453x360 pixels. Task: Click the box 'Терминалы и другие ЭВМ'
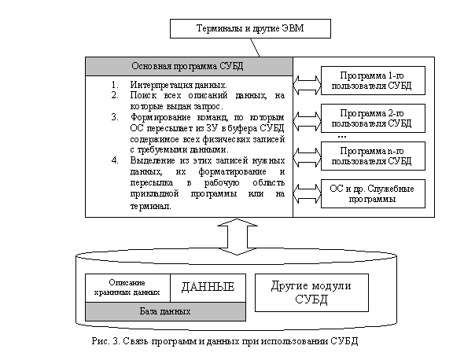coord(250,28)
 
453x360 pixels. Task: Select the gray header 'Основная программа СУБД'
coord(189,66)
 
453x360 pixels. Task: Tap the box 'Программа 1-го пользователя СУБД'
coord(373,80)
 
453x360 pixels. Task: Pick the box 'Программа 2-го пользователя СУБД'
coord(373,119)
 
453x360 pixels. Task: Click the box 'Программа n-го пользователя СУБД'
coord(373,156)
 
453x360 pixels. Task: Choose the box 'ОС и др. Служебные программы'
coord(373,193)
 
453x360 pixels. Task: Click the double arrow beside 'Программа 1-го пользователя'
coord(307,85)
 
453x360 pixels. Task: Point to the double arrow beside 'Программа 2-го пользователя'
coord(307,121)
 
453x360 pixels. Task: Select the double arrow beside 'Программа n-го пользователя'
coord(307,158)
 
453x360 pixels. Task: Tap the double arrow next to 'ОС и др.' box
coord(307,194)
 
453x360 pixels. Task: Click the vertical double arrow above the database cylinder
coord(238,237)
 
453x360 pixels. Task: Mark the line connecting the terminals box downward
coord(255,48)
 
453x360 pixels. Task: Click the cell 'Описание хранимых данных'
coord(127,288)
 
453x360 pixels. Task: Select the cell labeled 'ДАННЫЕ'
coord(208,288)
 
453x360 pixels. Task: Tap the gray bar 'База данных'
coord(165,311)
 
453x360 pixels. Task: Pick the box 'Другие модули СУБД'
coord(311,292)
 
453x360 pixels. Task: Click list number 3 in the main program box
coord(115,117)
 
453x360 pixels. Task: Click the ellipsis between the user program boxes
coord(342,137)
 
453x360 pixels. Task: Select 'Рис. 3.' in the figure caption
coord(105,341)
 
